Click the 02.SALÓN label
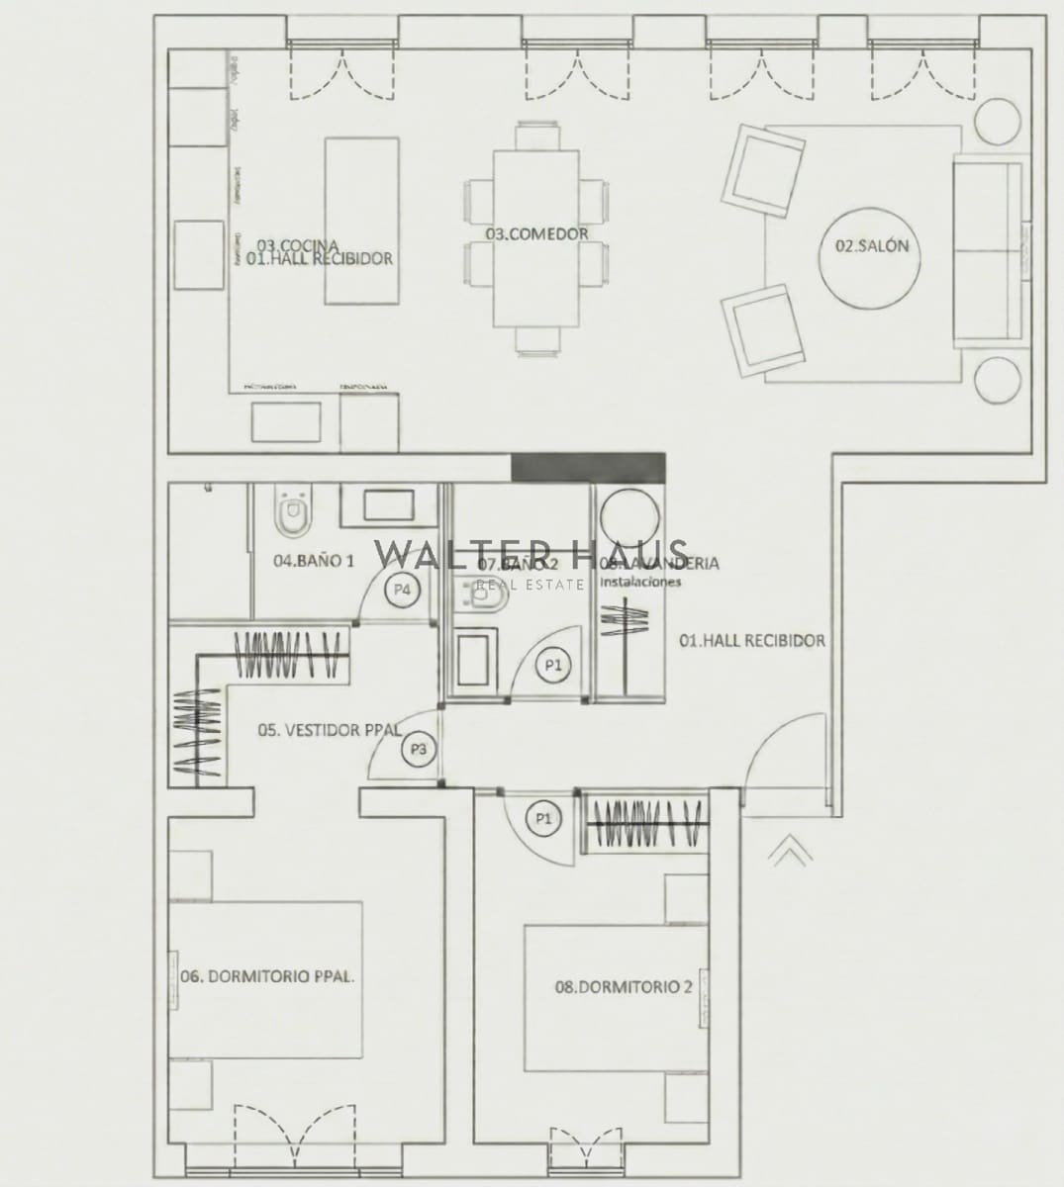pos(871,246)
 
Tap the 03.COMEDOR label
pos(536,233)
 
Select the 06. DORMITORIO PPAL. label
pos(267,975)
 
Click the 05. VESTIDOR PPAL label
pos(329,730)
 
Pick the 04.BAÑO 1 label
pos(313,561)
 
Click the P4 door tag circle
pos(402,589)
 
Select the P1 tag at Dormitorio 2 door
pos(543,818)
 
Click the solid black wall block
pos(588,467)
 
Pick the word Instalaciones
pos(640,583)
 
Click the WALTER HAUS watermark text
pos(531,553)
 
